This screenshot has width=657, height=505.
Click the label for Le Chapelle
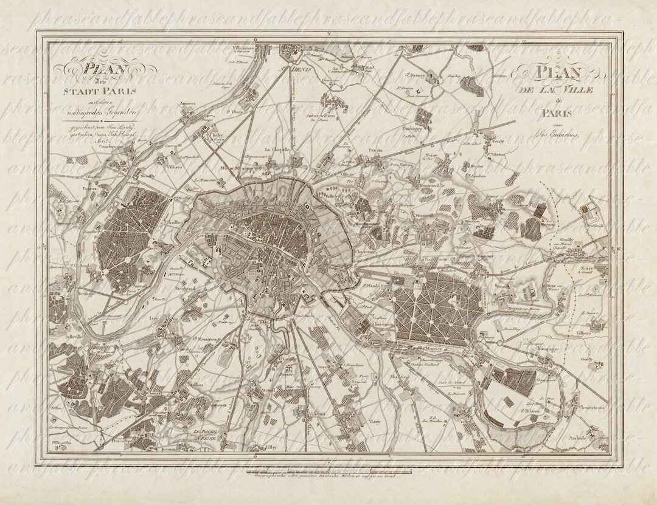pyautogui.click(x=276, y=148)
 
